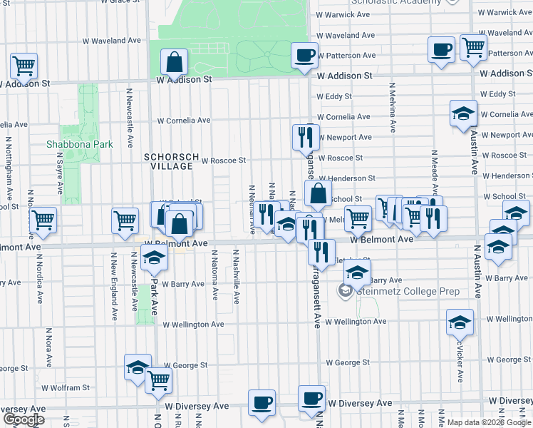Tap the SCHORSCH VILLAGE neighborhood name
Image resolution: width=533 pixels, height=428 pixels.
click(168, 161)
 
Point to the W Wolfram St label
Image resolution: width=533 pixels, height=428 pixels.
click(65, 388)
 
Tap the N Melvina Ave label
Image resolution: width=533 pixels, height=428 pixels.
click(392, 108)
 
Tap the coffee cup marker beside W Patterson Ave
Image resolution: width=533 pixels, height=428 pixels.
click(305, 56)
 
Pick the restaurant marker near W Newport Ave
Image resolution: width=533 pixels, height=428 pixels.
click(307, 136)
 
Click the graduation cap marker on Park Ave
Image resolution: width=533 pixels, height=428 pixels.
click(153, 260)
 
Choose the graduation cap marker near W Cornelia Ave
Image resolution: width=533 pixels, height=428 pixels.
click(463, 113)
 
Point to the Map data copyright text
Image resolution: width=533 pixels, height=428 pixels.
click(490, 422)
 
